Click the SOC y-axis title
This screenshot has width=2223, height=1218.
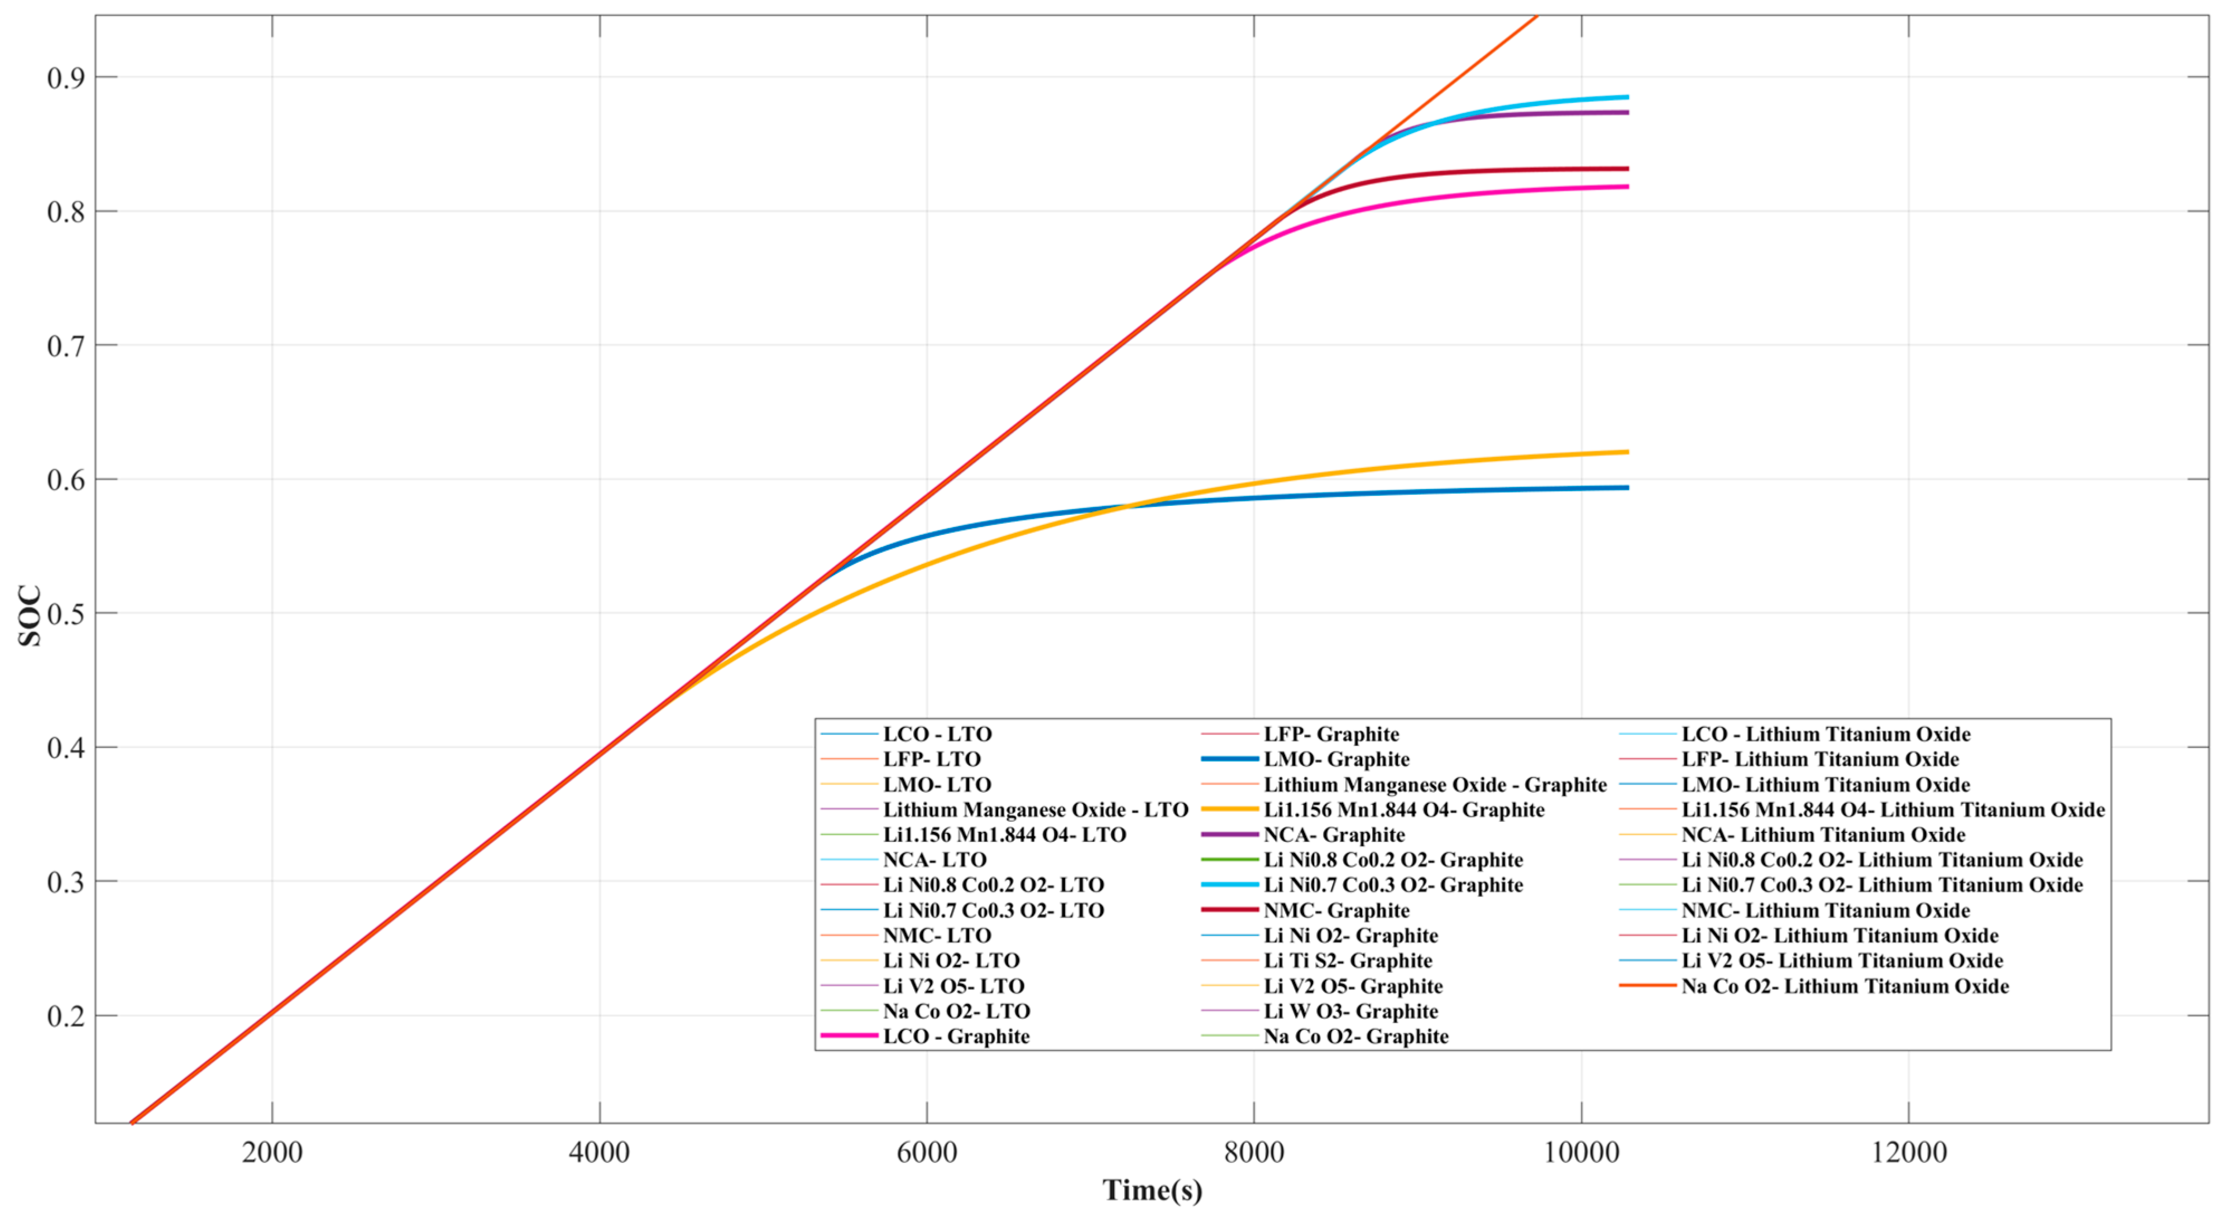pyautogui.click(x=30, y=615)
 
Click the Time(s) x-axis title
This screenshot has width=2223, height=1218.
pyautogui.click(x=1152, y=1191)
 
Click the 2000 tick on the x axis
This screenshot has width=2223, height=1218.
pyautogui.click(x=272, y=1153)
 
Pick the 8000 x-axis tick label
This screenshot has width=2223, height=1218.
pyautogui.click(x=1254, y=1153)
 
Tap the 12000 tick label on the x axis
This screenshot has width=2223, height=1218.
pyautogui.click(x=1909, y=1153)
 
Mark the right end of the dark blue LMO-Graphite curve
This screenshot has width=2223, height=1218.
pyautogui.click(x=1627, y=488)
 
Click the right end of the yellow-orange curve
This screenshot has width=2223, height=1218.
pyautogui.click(x=1627, y=452)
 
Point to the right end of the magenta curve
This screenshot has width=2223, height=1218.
pyautogui.click(x=1627, y=186)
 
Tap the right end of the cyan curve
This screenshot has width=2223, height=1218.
pyautogui.click(x=1627, y=97)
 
